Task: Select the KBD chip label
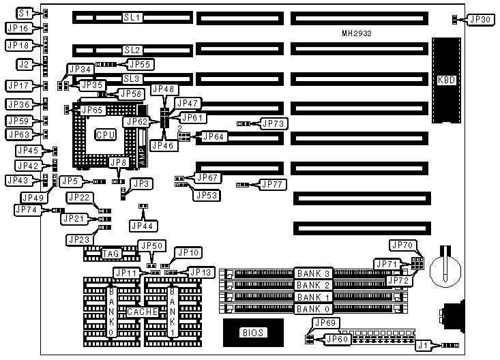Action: pos(445,80)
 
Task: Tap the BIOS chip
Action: pos(252,333)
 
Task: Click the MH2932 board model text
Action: pos(357,33)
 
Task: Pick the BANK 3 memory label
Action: pos(314,273)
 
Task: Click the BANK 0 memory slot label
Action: pos(314,309)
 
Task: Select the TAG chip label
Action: pos(111,254)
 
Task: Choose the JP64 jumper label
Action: pos(213,137)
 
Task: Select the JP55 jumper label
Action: pos(140,64)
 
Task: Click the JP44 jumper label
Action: pos(143,225)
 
